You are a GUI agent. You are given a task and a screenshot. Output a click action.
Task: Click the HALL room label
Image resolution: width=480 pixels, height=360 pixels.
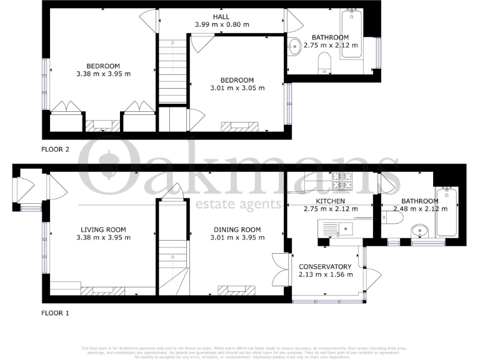[x=221, y=16]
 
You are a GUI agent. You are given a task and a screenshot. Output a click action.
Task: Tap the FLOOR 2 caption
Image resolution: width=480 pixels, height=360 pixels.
[x=56, y=149]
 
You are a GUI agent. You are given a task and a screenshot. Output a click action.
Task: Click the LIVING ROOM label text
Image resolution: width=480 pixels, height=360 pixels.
[x=103, y=229]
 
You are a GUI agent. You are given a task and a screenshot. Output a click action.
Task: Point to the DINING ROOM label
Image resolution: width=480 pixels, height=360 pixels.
[x=234, y=229]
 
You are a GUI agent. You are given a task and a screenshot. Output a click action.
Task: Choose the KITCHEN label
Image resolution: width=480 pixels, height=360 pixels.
[x=330, y=201]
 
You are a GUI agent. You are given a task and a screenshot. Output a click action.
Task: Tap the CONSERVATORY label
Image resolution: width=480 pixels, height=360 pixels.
[x=325, y=267]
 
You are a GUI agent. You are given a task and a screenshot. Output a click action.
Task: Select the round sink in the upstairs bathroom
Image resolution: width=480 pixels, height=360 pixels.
[x=295, y=45]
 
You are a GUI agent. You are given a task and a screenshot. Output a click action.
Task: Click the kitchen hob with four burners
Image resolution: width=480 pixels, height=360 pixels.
[x=342, y=180]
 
